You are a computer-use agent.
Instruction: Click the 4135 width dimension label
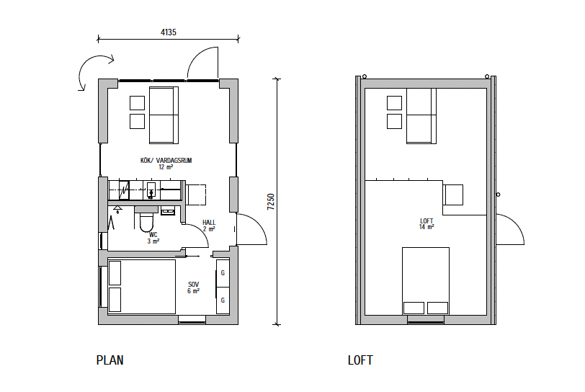169,32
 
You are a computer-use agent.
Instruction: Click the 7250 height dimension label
271,202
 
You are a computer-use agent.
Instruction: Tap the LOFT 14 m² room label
427,223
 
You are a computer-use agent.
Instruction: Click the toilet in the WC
146,221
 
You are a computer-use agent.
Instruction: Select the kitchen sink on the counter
151,190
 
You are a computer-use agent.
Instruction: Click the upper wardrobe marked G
223,273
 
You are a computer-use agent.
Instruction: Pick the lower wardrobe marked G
223,300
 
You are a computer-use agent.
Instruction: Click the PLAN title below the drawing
110,360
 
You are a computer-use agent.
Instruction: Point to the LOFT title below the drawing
360,360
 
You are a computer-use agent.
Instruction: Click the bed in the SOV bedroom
141,287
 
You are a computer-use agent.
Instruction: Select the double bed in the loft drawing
426,281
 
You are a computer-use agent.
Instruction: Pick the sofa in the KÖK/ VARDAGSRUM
164,115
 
